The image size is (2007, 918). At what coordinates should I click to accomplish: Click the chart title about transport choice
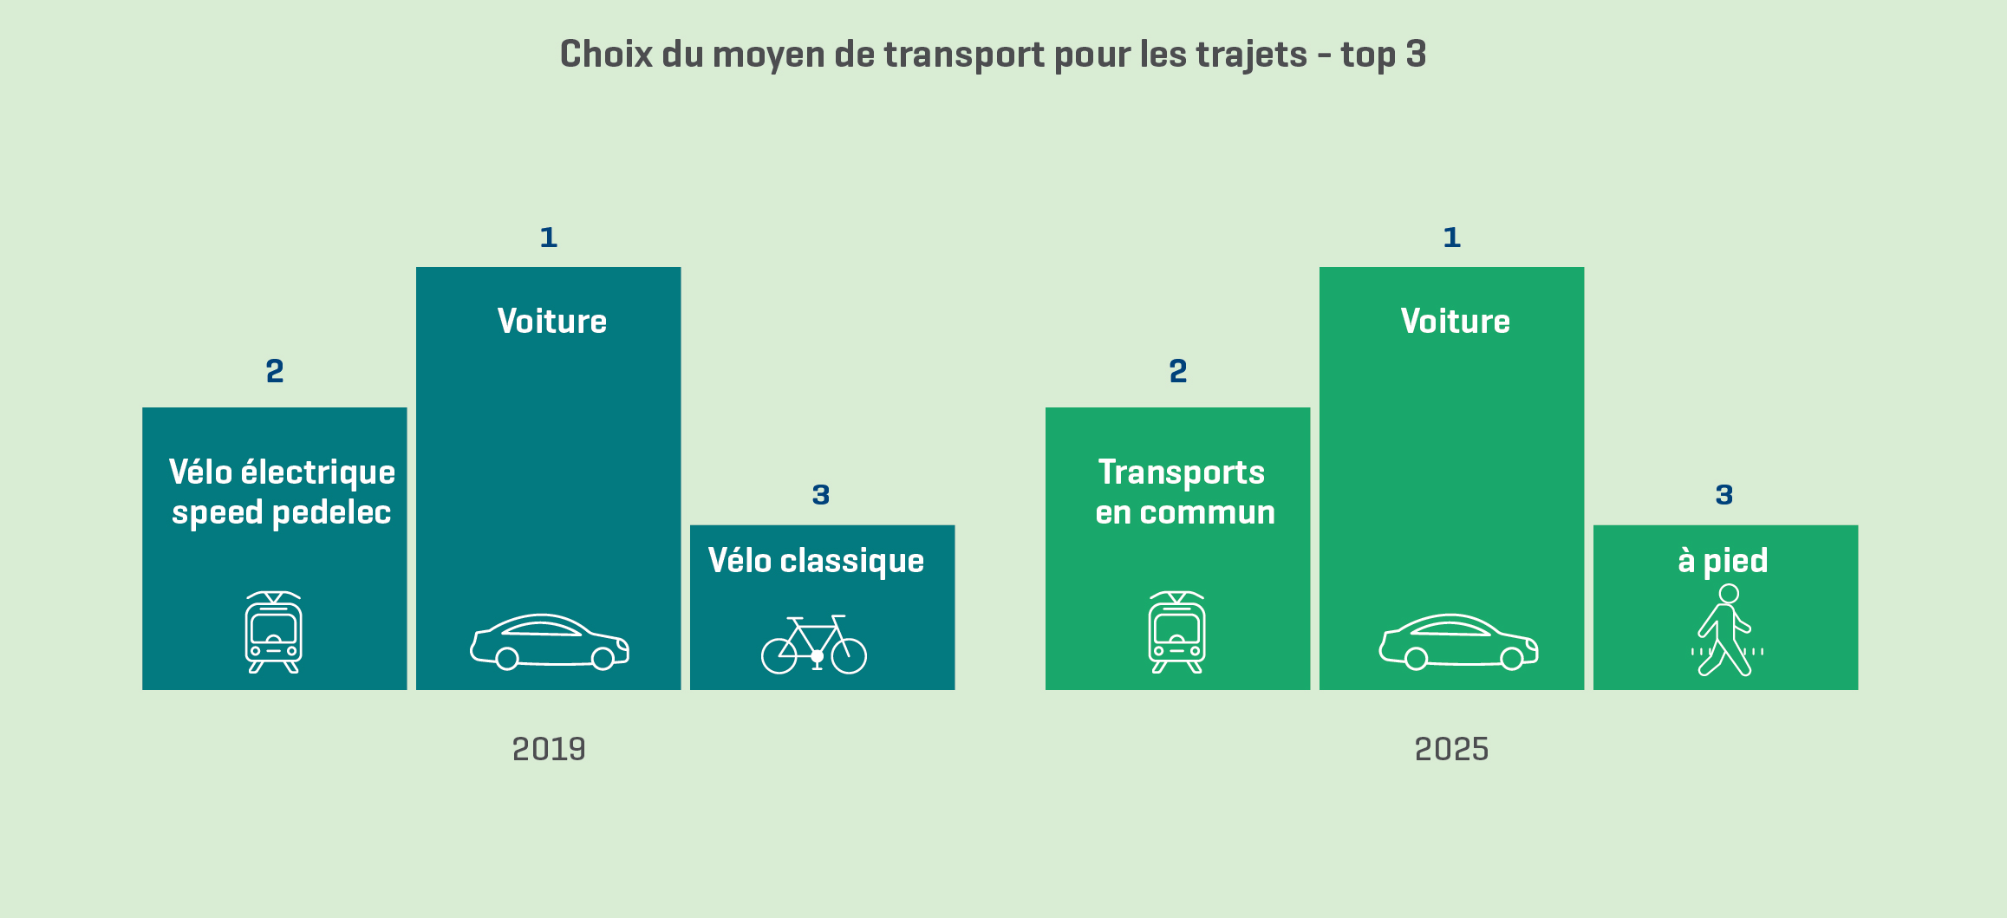click(x=993, y=55)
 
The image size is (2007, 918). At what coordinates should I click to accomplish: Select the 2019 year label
click(x=549, y=749)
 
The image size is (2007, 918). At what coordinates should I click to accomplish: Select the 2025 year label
click(x=1451, y=749)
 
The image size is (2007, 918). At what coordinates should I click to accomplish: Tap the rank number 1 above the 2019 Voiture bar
click(x=548, y=238)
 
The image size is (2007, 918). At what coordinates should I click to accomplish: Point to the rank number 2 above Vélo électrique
click(x=275, y=371)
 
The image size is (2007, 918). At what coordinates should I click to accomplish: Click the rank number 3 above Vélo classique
click(x=821, y=495)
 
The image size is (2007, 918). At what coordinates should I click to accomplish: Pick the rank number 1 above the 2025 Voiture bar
click(x=1451, y=238)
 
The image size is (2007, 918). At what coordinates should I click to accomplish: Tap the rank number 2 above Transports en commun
click(x=1177, y=371)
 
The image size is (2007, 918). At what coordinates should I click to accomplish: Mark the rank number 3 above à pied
click(x=1724, y=495)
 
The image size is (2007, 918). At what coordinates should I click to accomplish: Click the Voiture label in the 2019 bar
click(x=552, y=322)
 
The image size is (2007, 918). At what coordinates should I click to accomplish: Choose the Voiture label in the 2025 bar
click(x=1456, y=322)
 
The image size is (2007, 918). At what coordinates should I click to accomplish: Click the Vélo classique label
click(x=816, y=561)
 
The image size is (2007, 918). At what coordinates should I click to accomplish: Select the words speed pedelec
click(x=282, y=513)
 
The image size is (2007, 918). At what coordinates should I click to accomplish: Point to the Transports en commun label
click(x=1184, y=492)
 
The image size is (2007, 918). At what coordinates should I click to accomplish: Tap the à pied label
click(x=1723, y=561)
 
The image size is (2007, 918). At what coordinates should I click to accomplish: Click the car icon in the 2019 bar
click(x=550, y=642)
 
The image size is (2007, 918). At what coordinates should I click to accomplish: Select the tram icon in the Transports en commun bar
click(x=1176, y=632)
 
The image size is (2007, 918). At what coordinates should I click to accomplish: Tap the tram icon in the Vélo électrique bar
click(x=274, y=632)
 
